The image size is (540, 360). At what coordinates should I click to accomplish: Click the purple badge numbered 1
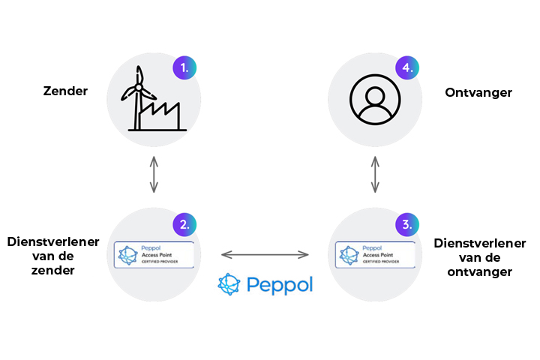(x=184, y=68)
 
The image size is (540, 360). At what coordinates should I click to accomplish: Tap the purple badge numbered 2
(x=184, y=223)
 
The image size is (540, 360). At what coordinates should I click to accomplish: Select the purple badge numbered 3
(x=407, y=223)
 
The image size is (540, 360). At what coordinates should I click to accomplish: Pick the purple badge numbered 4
(x=407, y=68)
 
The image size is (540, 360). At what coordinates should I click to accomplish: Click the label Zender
(x=65, y=91)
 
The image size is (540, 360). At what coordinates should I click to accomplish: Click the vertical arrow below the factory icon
(x=154, y=175)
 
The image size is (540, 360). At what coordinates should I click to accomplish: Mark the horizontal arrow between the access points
(x=265, y=255)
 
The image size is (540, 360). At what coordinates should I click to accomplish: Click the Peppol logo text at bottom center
(x=277, y=285)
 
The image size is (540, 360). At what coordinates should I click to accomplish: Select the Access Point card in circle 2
(x=154, y=254)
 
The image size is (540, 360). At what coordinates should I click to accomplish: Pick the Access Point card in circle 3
(x=376, y=254)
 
